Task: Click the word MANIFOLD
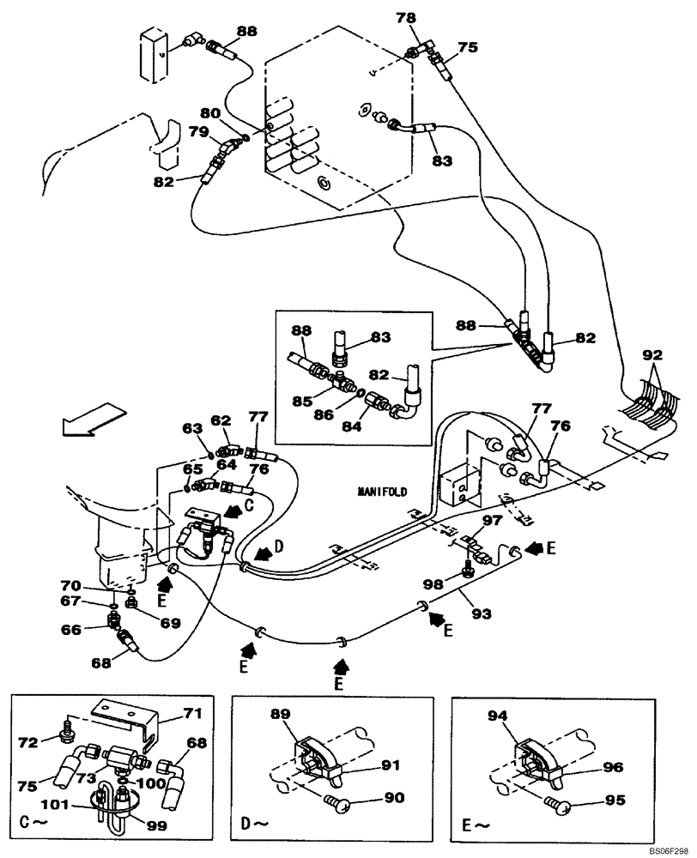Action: pos(382,492)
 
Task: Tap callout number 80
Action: pos(210,112)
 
